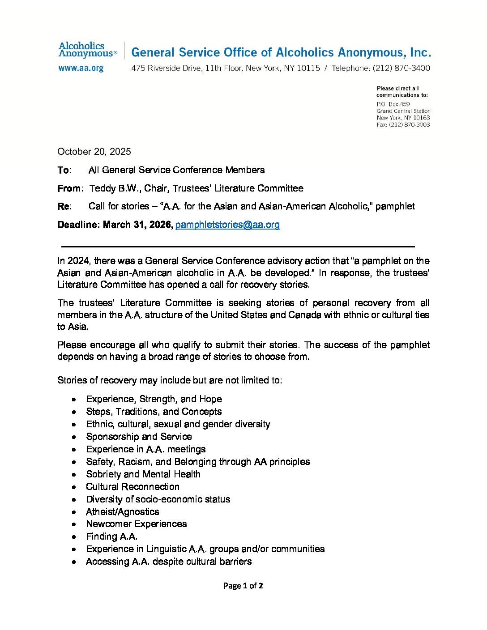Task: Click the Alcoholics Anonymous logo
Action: point(87,50)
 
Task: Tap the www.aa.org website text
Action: point(81,68)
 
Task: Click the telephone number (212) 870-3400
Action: point(401,68)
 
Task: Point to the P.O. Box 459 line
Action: point(393,104)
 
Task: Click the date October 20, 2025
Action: point(94,152)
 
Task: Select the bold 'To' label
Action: point(64,170)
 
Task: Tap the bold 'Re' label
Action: point(64,206)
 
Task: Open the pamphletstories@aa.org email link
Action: point(227,225)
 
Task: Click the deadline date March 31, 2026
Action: point(137,225)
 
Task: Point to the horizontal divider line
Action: point(238,247)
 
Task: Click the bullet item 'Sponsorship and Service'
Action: point(139,437)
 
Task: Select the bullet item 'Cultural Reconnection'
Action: point(132,487)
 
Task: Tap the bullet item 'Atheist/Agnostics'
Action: point(122,512)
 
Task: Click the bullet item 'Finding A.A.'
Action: point(111,536)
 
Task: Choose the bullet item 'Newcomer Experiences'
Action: point(136,524)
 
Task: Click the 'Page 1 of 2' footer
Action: point(243,586)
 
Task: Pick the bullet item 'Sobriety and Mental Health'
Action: point(143,474)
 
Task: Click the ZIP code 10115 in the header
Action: point(308,68)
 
